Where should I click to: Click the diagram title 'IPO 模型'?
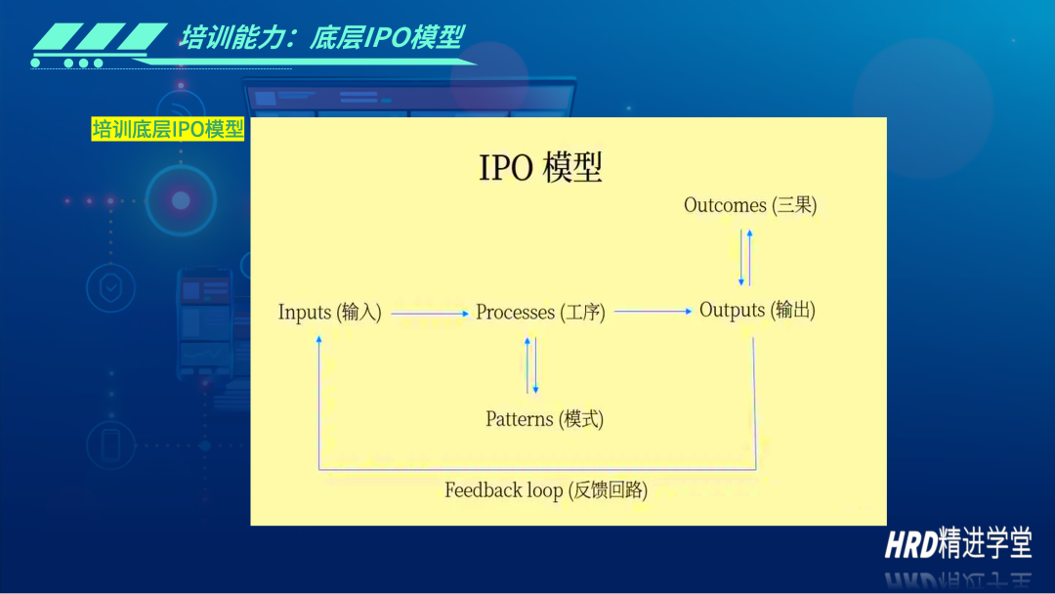(540, 167)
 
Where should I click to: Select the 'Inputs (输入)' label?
(330, 312)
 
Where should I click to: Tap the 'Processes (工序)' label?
(540, 312)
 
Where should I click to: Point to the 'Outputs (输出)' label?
(757, 310)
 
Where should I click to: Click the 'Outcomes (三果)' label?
(750, 205)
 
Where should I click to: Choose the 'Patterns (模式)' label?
(544, 419)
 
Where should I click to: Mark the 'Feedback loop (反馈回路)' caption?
(546, 490)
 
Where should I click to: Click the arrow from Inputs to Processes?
(430, 314)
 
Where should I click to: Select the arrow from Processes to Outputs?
(653, 312)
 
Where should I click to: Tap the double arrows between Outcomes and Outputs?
(745, 258)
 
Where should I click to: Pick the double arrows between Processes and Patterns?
(531, 365)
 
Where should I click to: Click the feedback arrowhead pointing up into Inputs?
(318, 340)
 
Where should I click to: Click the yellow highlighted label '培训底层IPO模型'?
(168, 129)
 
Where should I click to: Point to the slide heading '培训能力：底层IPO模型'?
(321, 38)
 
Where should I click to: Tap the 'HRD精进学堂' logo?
(958, 543)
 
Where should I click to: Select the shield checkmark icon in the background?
(111, 288)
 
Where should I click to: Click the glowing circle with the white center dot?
(181, 200)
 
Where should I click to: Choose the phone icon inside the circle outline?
(111, 445)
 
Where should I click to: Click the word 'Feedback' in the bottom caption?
(484, 490)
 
